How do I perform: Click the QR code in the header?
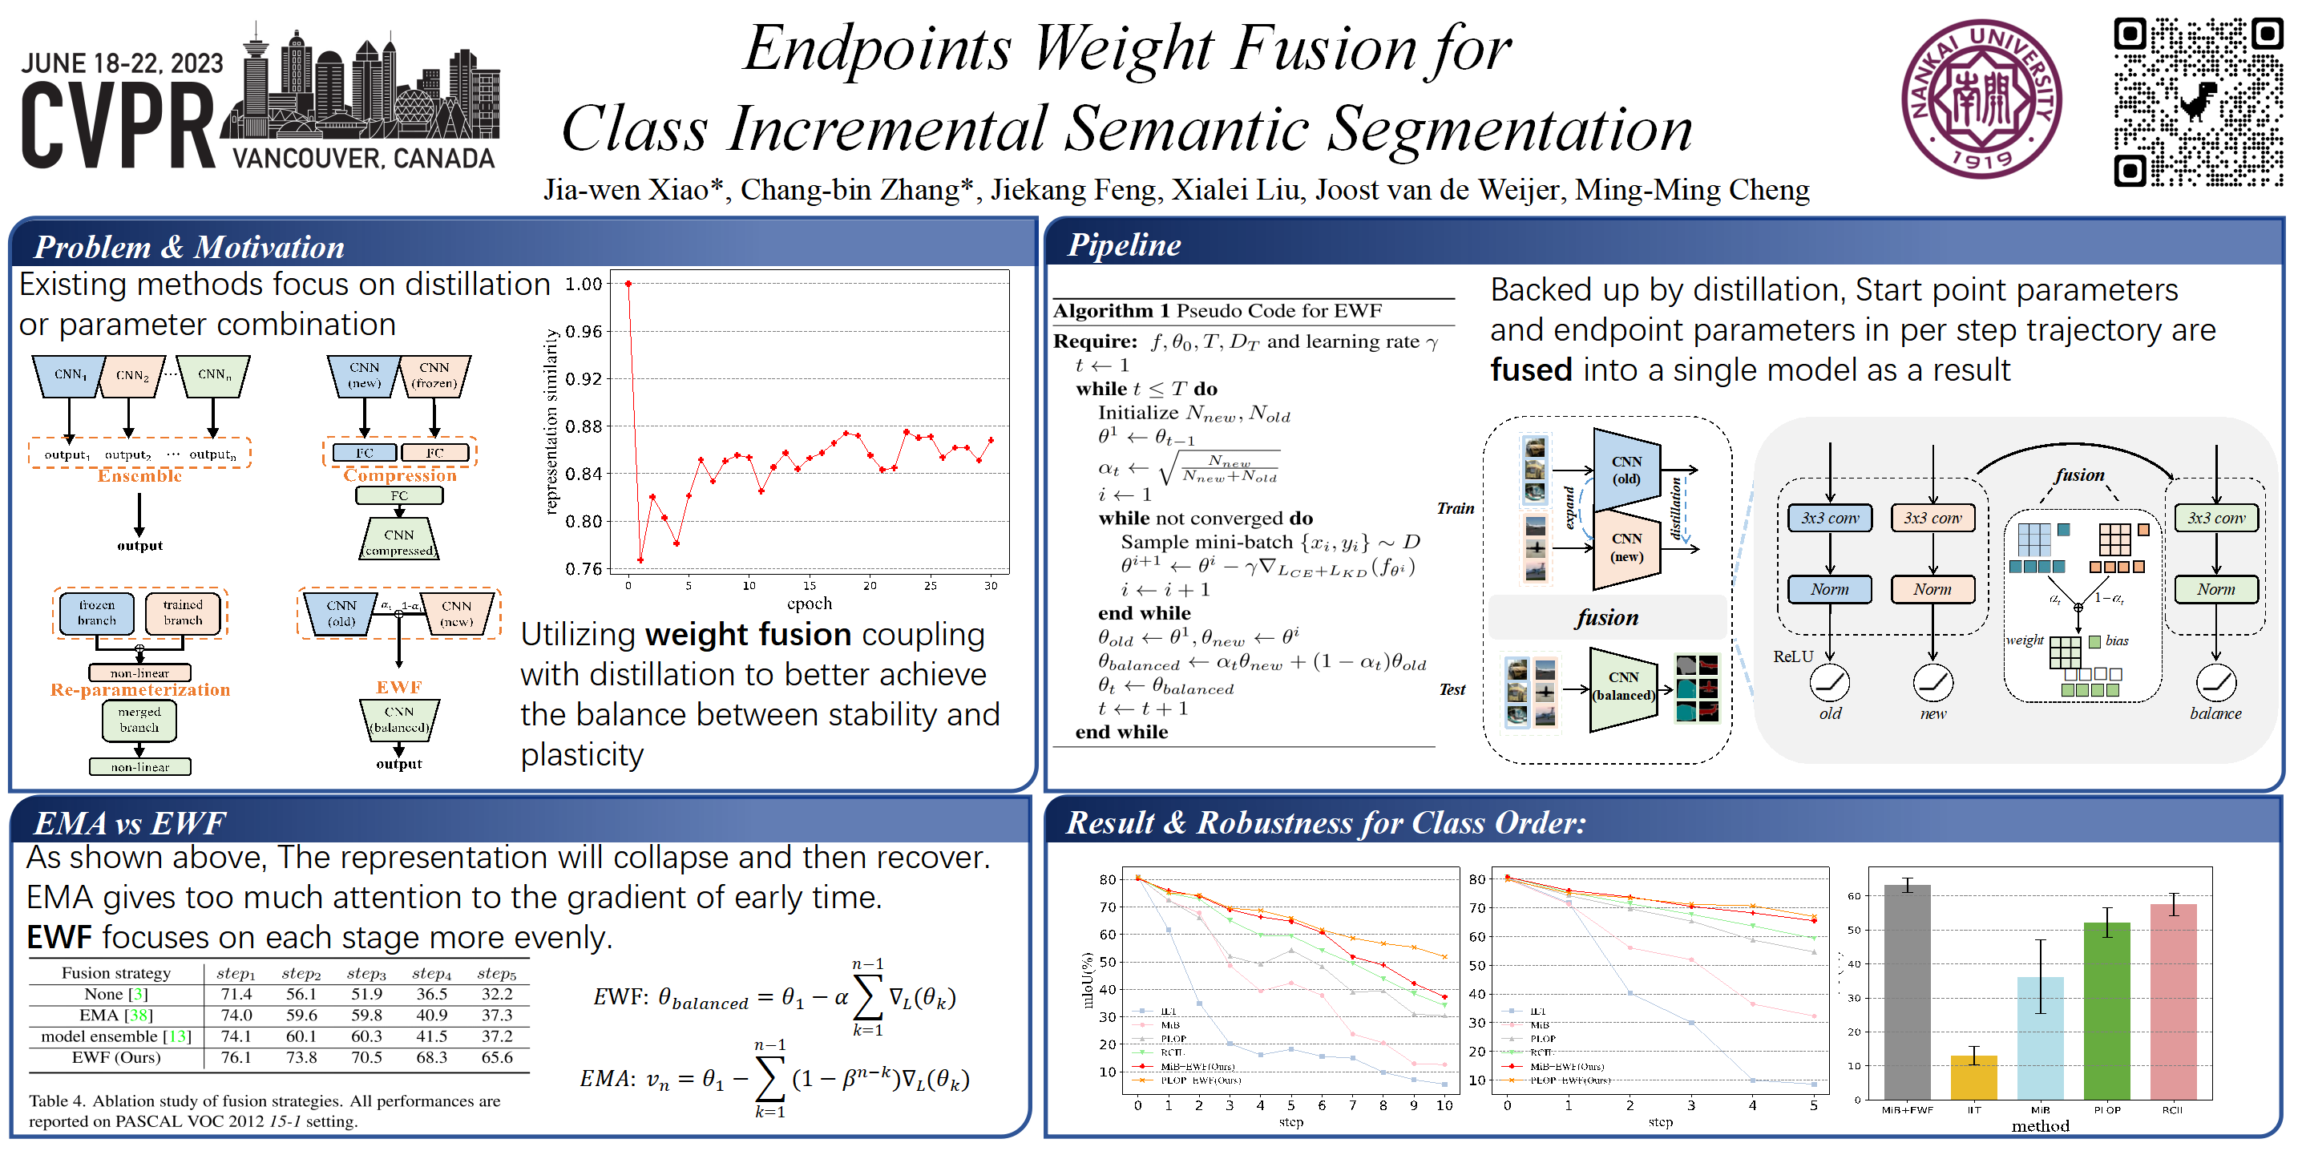point(2198,101)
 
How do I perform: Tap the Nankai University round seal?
point(1981,99)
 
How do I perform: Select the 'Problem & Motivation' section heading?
point(189,247)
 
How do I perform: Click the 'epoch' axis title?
point(809,604)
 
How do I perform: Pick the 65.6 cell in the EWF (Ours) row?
point(497,1057)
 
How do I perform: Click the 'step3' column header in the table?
point(366,973)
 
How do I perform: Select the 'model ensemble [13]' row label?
point(116,1036)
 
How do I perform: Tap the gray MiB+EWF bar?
point(1907,992)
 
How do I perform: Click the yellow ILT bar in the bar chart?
point(1973,1076)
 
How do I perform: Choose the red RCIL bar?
point(2172,1001)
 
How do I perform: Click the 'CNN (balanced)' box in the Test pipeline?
point(1623,686)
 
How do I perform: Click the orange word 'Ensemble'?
point(139,476)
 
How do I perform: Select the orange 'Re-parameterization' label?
point(140,690)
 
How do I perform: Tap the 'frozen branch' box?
point(96,613)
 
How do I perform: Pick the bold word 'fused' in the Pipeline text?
point(1531,370)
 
